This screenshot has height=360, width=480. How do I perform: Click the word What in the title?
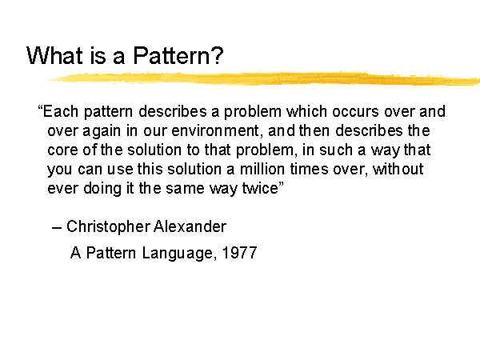pos(54,55)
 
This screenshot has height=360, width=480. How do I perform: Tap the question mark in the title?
pos(218,55)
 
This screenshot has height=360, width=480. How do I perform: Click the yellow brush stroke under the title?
pos(264,78)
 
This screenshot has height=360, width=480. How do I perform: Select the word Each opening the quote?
pos(60,111)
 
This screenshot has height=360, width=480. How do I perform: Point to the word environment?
pos(215,130)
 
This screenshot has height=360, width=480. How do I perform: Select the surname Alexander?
pos(190,227)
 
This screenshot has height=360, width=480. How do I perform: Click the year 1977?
pos(239,253)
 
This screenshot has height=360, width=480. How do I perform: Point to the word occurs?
pos(355,111)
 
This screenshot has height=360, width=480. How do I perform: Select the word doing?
pos(102,189)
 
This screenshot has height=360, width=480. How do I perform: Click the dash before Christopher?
pos(57,228)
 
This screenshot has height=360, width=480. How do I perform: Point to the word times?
pos(309,169)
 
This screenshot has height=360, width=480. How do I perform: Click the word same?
pos(185,189)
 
